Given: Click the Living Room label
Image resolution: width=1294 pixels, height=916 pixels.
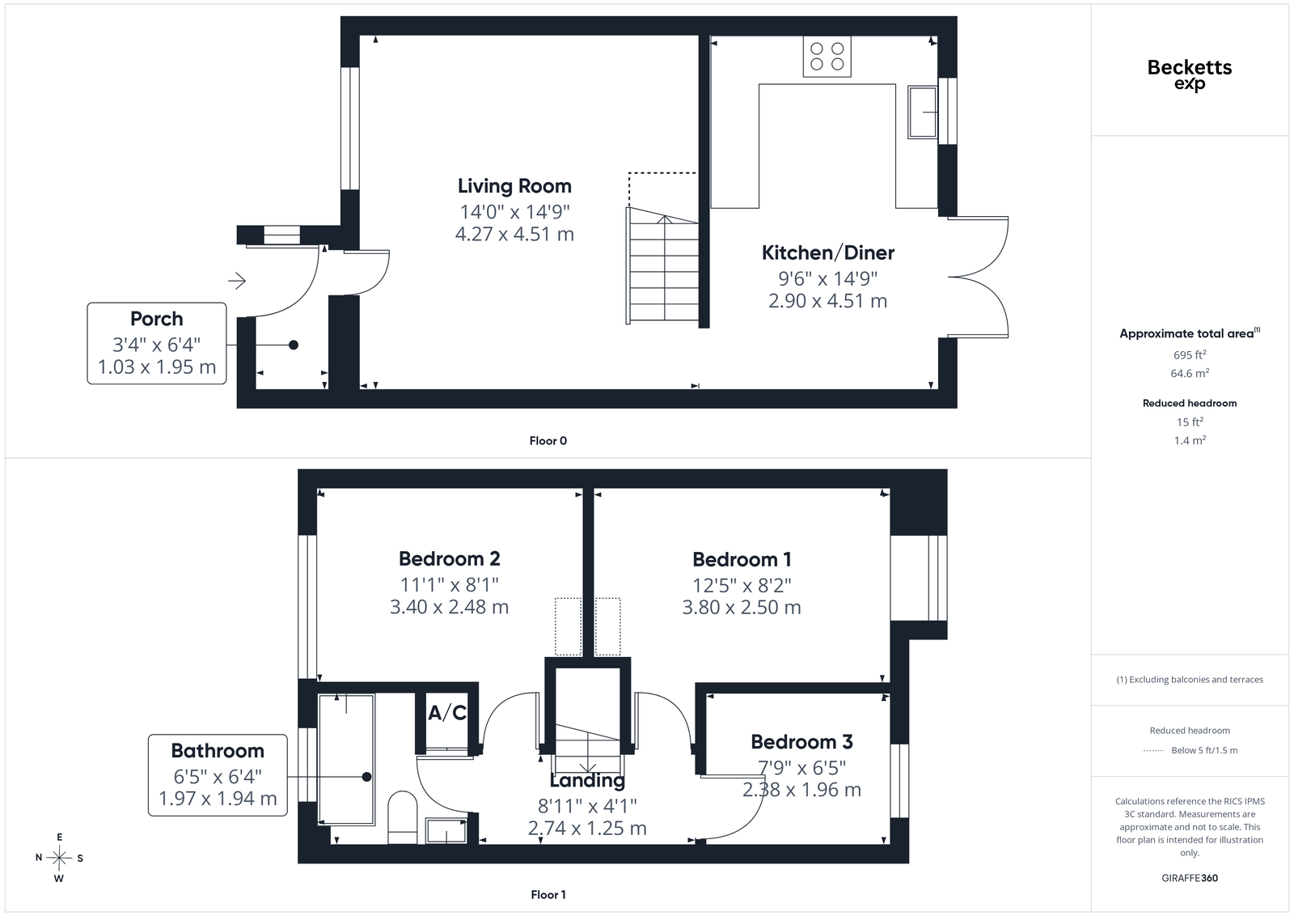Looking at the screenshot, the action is pos(514,186).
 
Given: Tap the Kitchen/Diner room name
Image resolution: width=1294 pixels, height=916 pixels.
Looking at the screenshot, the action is pos(828,252).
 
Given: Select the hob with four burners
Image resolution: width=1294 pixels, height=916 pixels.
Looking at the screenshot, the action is pos(827,56).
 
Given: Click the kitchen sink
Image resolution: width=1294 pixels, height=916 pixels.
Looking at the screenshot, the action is pos(922,112).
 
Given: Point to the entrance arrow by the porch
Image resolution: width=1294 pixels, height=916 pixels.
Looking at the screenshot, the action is pos(237,281).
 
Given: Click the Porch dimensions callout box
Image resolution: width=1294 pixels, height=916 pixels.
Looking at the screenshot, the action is pos(157,343).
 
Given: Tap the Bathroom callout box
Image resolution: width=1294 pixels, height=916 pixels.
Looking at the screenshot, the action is pos(218,775).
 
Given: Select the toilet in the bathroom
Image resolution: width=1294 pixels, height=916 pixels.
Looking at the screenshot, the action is pos(402,817).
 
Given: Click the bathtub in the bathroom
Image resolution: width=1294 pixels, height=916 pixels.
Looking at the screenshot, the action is pos(346,759).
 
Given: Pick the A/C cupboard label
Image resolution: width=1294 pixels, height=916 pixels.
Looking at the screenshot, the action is pos(447,713).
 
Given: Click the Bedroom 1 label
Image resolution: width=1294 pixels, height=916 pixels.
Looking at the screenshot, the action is pos(742,559).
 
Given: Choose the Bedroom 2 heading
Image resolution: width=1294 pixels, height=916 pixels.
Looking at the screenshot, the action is pos(450,559).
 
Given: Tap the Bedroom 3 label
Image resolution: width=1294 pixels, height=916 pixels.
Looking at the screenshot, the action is pos(801,742).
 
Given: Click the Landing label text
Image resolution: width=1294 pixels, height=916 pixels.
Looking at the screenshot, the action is pos(587,781).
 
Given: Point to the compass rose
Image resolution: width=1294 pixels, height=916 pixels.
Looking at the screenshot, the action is pos(59,858).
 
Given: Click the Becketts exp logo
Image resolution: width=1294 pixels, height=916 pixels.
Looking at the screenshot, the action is pos(1190,74).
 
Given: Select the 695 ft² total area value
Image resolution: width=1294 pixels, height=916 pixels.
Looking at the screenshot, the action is pos(1190,355).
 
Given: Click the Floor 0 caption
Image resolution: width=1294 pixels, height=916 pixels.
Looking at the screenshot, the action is pos(548,441).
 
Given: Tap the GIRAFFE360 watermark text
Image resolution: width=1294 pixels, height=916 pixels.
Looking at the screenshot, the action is pos(1190,878).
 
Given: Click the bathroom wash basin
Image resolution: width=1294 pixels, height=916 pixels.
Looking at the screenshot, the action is pos(446,831).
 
